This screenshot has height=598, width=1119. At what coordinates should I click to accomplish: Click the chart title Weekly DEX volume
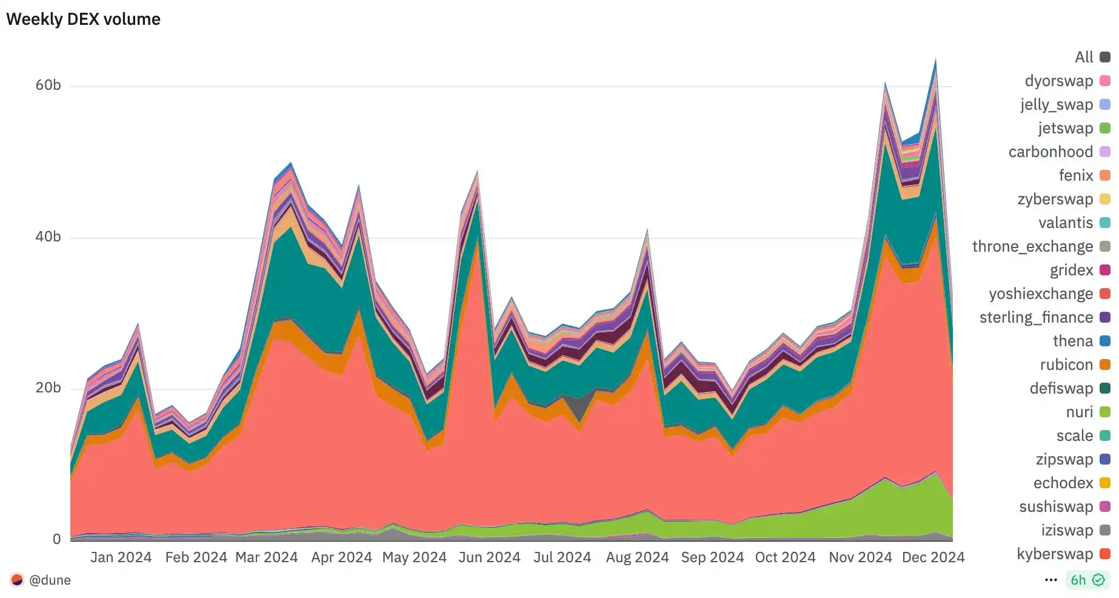pyautogui.click(x=83, y=19)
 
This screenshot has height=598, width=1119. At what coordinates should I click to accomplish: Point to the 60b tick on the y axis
pyautogui.click(x=48, y=85)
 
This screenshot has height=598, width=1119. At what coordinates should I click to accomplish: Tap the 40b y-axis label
pyautogui.click(x=48, y=237)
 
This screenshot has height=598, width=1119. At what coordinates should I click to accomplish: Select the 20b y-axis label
pyautogui.click(x=48, y=388)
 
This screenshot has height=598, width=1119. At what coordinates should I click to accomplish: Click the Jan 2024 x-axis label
pyautogui.click(x=121, y=557)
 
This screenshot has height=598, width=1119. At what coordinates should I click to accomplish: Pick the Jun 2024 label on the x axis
pyautogui.click(x=489, y=557)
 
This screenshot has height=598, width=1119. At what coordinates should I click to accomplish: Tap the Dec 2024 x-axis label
pyautogui.click(x=933, y=557)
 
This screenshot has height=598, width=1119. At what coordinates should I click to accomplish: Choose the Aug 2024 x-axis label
pyautogui.click(x=637, y=557)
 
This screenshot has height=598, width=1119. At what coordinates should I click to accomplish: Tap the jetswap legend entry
pyautogui.click(x=1066, y=128)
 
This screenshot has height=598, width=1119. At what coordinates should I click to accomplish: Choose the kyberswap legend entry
pyautogui.click(x=1055, y=554)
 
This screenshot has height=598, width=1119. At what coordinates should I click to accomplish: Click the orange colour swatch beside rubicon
pyautogui.click(x=1105, y=365)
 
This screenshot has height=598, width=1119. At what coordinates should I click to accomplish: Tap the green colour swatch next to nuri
pyautogui.click(x=1105, y=412)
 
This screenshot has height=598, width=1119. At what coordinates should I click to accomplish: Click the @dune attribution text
pyautogui.click(x=50, y=580)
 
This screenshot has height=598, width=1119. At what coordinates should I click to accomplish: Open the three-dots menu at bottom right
pyautogui.click(x=1051, y=580)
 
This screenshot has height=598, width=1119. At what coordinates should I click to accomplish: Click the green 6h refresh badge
pyautogui.click(x=1087, y=580)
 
